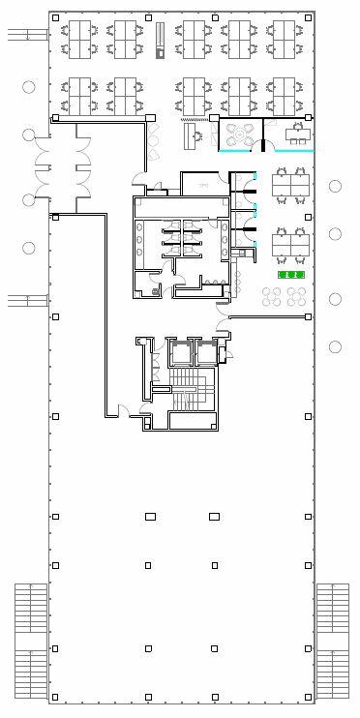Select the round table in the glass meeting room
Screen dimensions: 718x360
(241, 131)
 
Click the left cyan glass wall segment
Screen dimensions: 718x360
(238, 151)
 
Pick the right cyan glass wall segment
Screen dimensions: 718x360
(292, 151)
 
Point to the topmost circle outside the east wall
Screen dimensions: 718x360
(335, 186)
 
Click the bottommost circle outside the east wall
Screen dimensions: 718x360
(335, 346)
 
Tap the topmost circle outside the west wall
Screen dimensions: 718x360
(29, 87)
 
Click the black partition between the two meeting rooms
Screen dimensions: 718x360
(261, 146)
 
